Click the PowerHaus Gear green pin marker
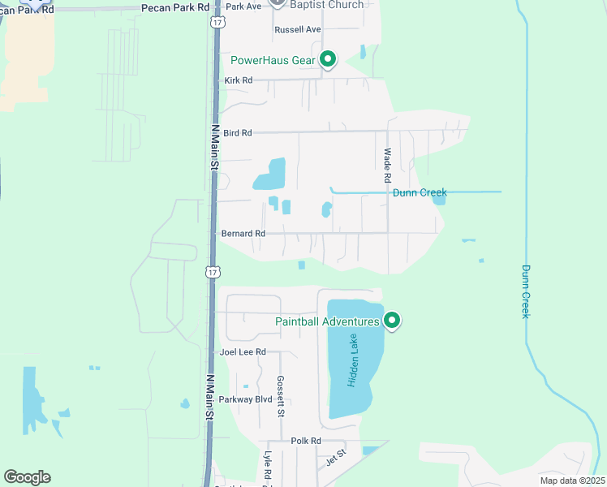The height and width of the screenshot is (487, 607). pos(328,59)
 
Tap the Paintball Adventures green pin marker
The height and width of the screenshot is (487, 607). pos(392,321)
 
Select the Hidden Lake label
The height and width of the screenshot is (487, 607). pos(354,367)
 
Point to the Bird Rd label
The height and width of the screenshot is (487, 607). pos(237,132)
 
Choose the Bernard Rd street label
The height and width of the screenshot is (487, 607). pos(243,234)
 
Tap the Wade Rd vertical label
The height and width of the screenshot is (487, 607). pos(388,165)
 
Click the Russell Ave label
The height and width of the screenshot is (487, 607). pos(298,29)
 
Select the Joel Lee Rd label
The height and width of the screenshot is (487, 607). pos(243,352)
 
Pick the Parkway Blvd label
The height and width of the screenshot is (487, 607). pos(246,399)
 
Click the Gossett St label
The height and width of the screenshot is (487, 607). pos(280,396)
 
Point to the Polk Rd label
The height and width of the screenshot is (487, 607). pos(306,441)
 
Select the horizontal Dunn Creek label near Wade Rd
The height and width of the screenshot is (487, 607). pos(420,192)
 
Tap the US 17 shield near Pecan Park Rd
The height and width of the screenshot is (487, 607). pos(216,21)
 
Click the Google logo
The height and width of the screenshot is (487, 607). pos(27,477)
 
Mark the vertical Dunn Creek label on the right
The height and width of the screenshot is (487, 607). pos(526,291)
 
